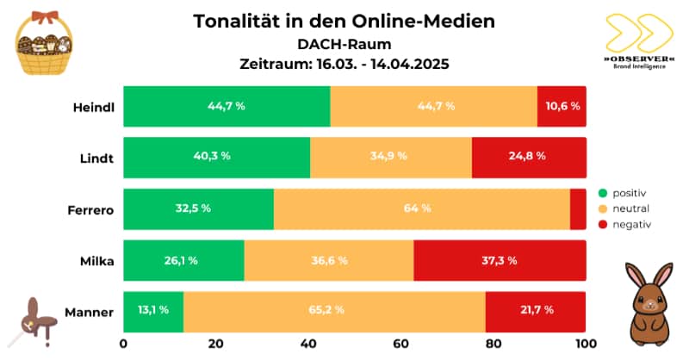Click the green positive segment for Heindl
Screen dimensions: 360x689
pos(227,107)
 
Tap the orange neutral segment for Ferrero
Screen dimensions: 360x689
pos(422,209)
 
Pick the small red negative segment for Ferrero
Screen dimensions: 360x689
pos(578,209)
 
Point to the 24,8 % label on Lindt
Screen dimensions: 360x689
pos(529,158)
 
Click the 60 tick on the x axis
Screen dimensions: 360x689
pos(401,344)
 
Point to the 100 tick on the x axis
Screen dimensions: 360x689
pos(586,344)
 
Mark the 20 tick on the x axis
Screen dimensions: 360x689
pos(216,344)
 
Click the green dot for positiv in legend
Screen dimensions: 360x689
pos(603,193)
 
